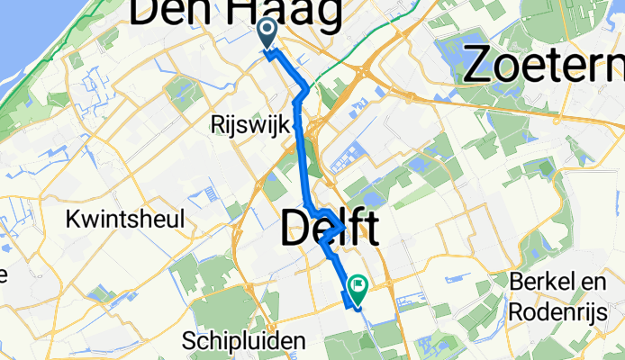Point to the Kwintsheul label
tap(126, 219)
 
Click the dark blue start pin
tap(268, 34)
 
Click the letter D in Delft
tap(296, 229)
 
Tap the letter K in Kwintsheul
tap(74, 219)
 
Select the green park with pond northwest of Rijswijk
tap(180, 90)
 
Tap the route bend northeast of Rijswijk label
tap(306, 89)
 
